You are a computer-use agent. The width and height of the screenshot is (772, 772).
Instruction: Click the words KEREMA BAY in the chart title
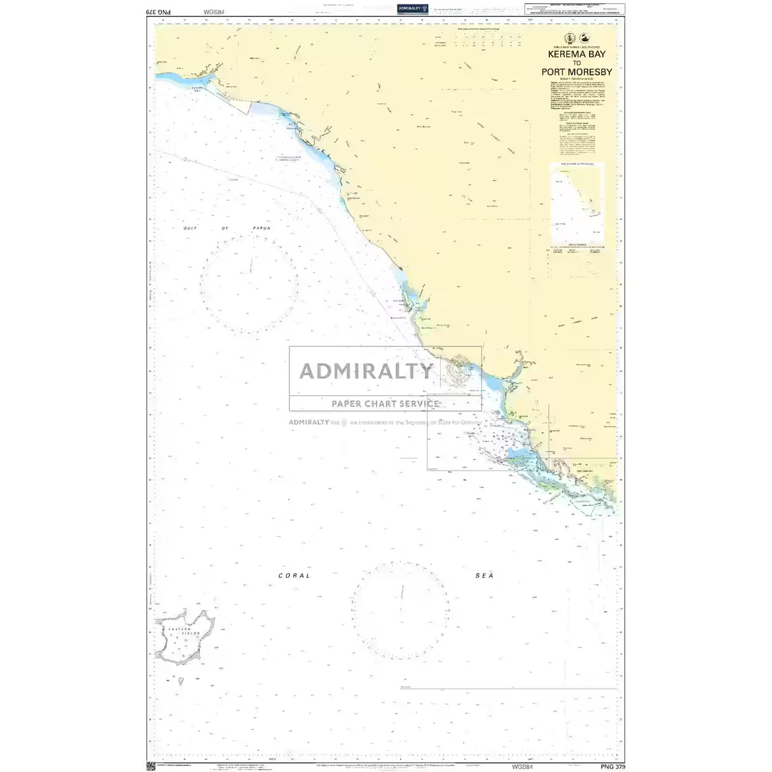coord(577,55)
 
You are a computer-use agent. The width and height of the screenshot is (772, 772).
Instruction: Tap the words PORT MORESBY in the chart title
coord(577,72)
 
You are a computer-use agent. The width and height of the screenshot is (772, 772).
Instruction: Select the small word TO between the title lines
coord(577,64)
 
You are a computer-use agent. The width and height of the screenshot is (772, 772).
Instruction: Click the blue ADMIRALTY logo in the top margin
coord(412,8)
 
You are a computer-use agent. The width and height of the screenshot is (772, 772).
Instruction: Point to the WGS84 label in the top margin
coord(214,11)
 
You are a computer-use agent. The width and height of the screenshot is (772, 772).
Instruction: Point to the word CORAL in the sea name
coord(294,576)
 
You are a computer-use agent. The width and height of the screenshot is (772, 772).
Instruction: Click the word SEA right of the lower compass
coord(485,576)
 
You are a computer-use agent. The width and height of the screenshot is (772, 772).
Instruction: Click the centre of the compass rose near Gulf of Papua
coord(249,284)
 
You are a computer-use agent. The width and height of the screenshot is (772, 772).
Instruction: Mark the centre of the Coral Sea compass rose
coord(401,611)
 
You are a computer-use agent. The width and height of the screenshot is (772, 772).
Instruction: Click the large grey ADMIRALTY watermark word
coord(366,371)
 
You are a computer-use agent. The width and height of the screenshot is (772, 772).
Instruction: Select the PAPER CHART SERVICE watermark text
coord(385,403)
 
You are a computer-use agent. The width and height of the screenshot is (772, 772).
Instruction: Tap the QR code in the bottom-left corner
coord(151,766)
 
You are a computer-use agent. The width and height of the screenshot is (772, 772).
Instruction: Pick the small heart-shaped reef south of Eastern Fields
coord(181,681)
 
